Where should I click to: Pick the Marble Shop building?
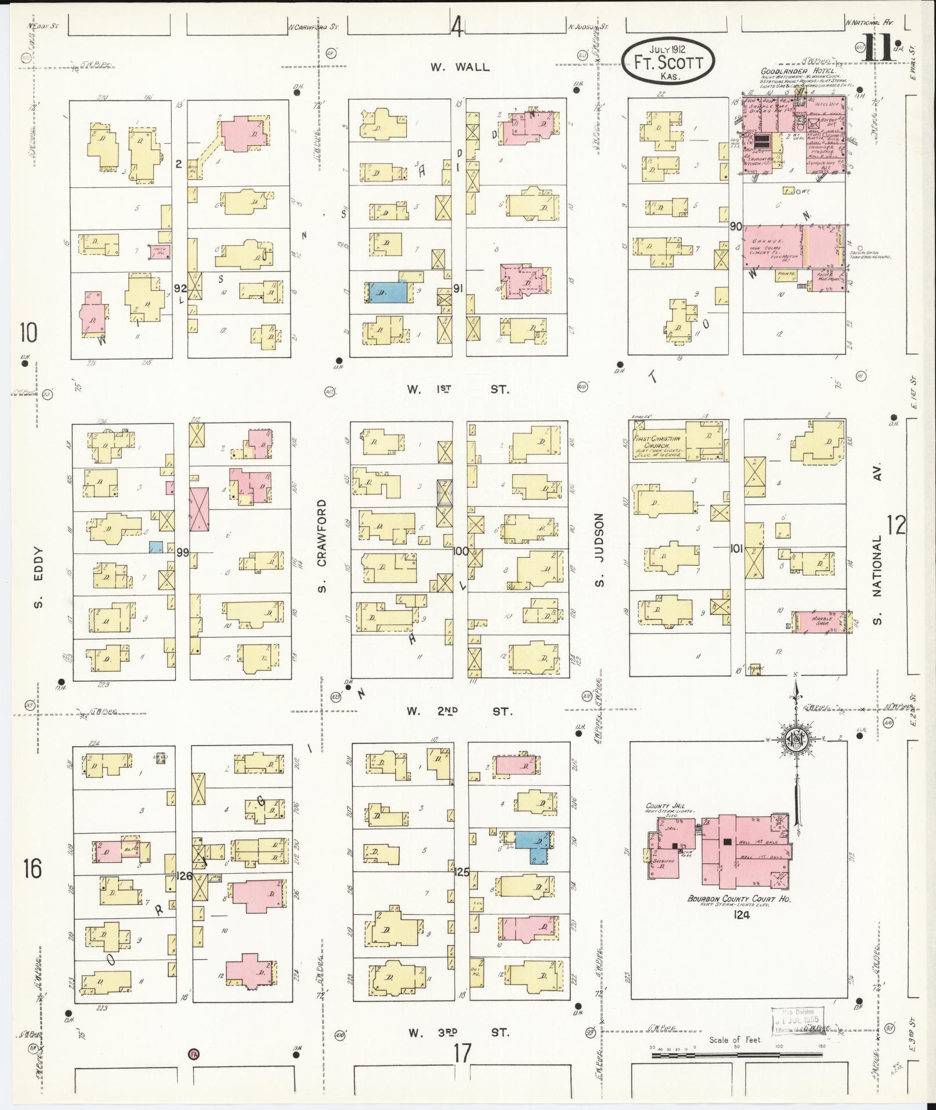[x=821, y=619]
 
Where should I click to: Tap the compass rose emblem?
[x=796, y=740]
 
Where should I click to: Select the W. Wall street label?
[x=460, y=67]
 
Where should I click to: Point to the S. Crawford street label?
[x=322, y=547]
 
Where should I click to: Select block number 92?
[x=180, y=287]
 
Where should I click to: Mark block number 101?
[x=736, y=547]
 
